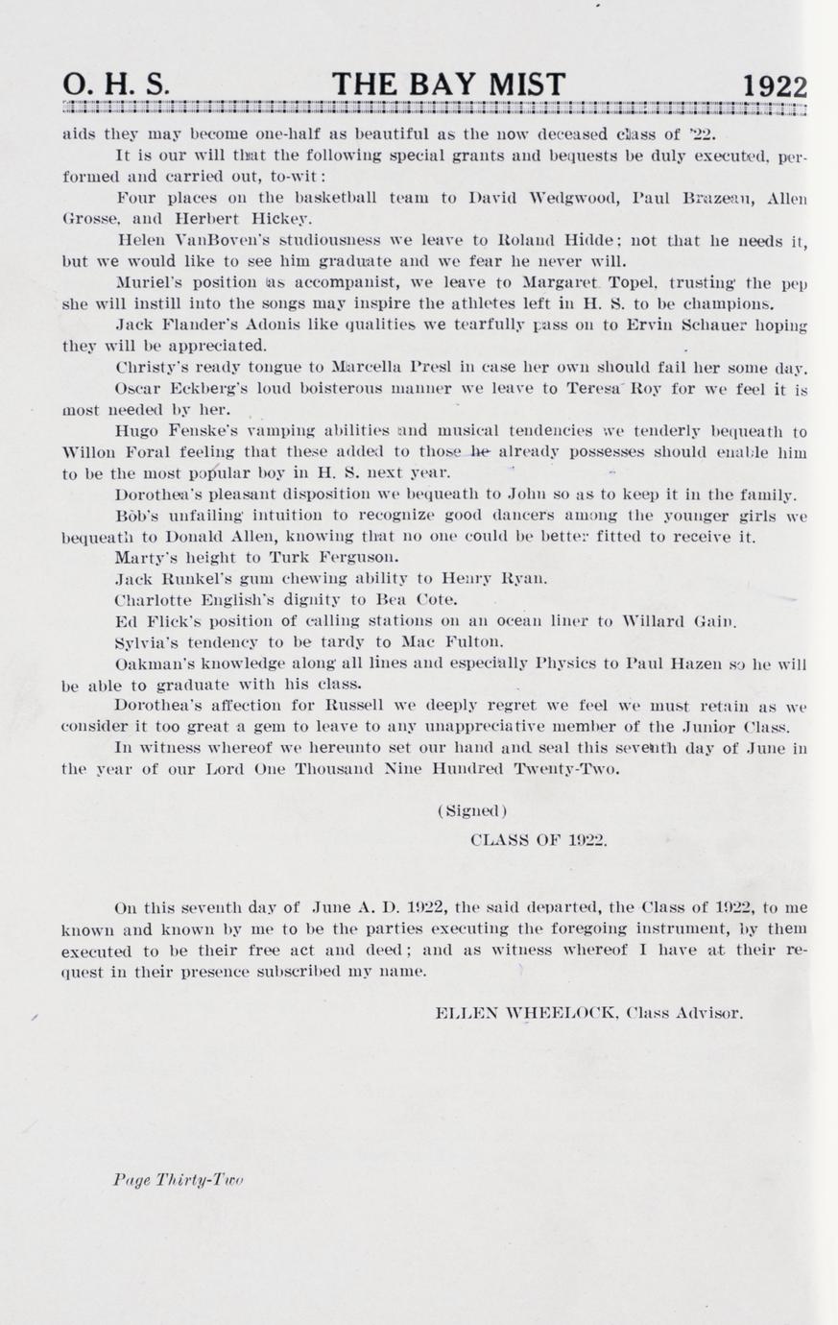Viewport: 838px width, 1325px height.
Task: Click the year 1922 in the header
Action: tap(774, 87)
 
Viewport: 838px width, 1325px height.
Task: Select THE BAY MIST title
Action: tap(448, 86)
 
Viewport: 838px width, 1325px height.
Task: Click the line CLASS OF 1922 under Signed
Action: tap(539, 838)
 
